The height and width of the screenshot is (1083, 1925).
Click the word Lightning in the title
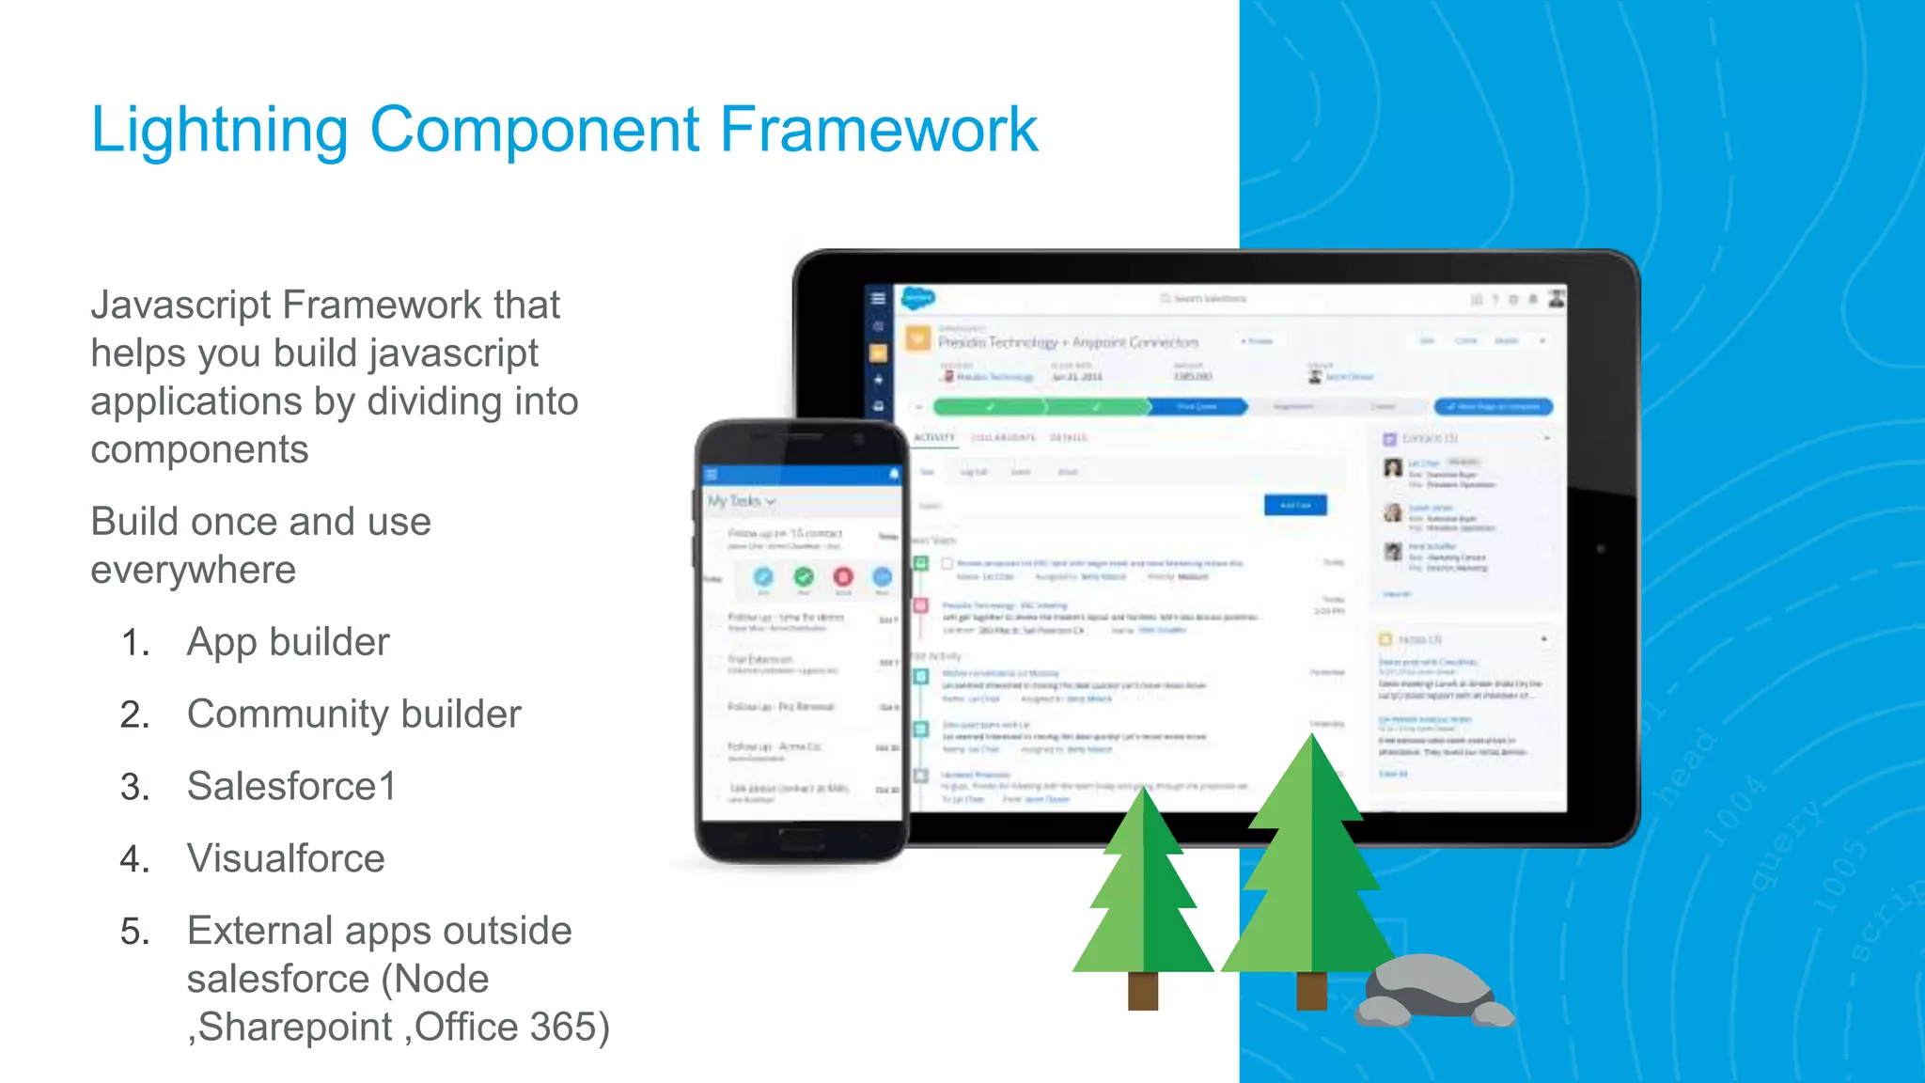click(219, 130)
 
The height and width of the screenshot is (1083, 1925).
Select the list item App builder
click(288, 642)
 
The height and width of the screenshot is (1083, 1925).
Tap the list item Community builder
click(353, 714)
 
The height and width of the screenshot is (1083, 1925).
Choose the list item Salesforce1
click(291, 787)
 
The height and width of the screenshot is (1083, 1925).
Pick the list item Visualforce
click(286, 858)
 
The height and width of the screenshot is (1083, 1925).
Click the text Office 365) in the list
click(512, 1027)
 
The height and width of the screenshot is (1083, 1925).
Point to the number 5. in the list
click(135, 932)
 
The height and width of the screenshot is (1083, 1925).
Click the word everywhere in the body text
click(193, 570)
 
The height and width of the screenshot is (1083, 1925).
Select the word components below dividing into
click(199, 449)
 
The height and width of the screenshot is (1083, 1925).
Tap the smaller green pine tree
click(1143, 893)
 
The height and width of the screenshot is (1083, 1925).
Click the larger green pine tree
click(1310, 865)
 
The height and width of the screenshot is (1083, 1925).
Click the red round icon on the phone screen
click(843, 576)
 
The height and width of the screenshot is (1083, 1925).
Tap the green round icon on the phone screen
click(804, 576)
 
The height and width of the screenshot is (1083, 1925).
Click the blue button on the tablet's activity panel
click(1295, 505)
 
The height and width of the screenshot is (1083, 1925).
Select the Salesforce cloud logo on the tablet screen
click(918, 299)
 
